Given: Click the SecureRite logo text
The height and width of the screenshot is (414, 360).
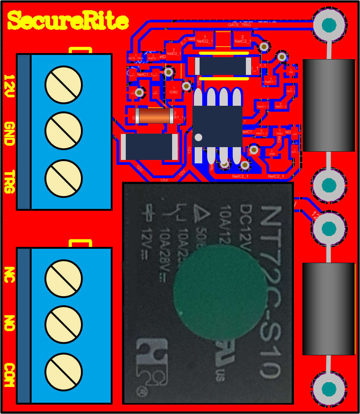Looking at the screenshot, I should (x=68, y=21).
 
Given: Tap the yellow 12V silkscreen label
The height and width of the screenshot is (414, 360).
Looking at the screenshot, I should (x=9, y=86).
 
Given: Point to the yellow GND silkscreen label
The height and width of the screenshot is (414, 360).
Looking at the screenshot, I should (x=9, y=133).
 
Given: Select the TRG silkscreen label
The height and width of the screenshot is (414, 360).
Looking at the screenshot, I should (x=9, y=182).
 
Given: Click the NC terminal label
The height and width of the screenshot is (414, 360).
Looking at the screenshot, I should (x=9, y=277).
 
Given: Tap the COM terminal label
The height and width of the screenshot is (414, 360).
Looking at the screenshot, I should (x=9, y=375).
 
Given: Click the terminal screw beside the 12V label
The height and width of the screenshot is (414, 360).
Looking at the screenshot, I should (x=63, y=85).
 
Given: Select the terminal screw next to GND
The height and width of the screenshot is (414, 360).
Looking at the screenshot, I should (x=63, y=131).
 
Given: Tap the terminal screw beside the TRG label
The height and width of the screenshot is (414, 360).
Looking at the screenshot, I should (x=63, y=178).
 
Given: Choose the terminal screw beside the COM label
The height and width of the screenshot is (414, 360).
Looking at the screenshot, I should (x=63, y=372).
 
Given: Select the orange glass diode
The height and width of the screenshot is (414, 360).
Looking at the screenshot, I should (x=154, y=116).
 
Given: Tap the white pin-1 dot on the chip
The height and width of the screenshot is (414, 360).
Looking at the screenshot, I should (x=198, y=137).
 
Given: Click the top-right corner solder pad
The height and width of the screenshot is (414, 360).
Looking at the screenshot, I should (x=329, y=24).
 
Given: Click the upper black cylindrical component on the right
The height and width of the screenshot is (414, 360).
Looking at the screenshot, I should (x=329, y=105).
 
